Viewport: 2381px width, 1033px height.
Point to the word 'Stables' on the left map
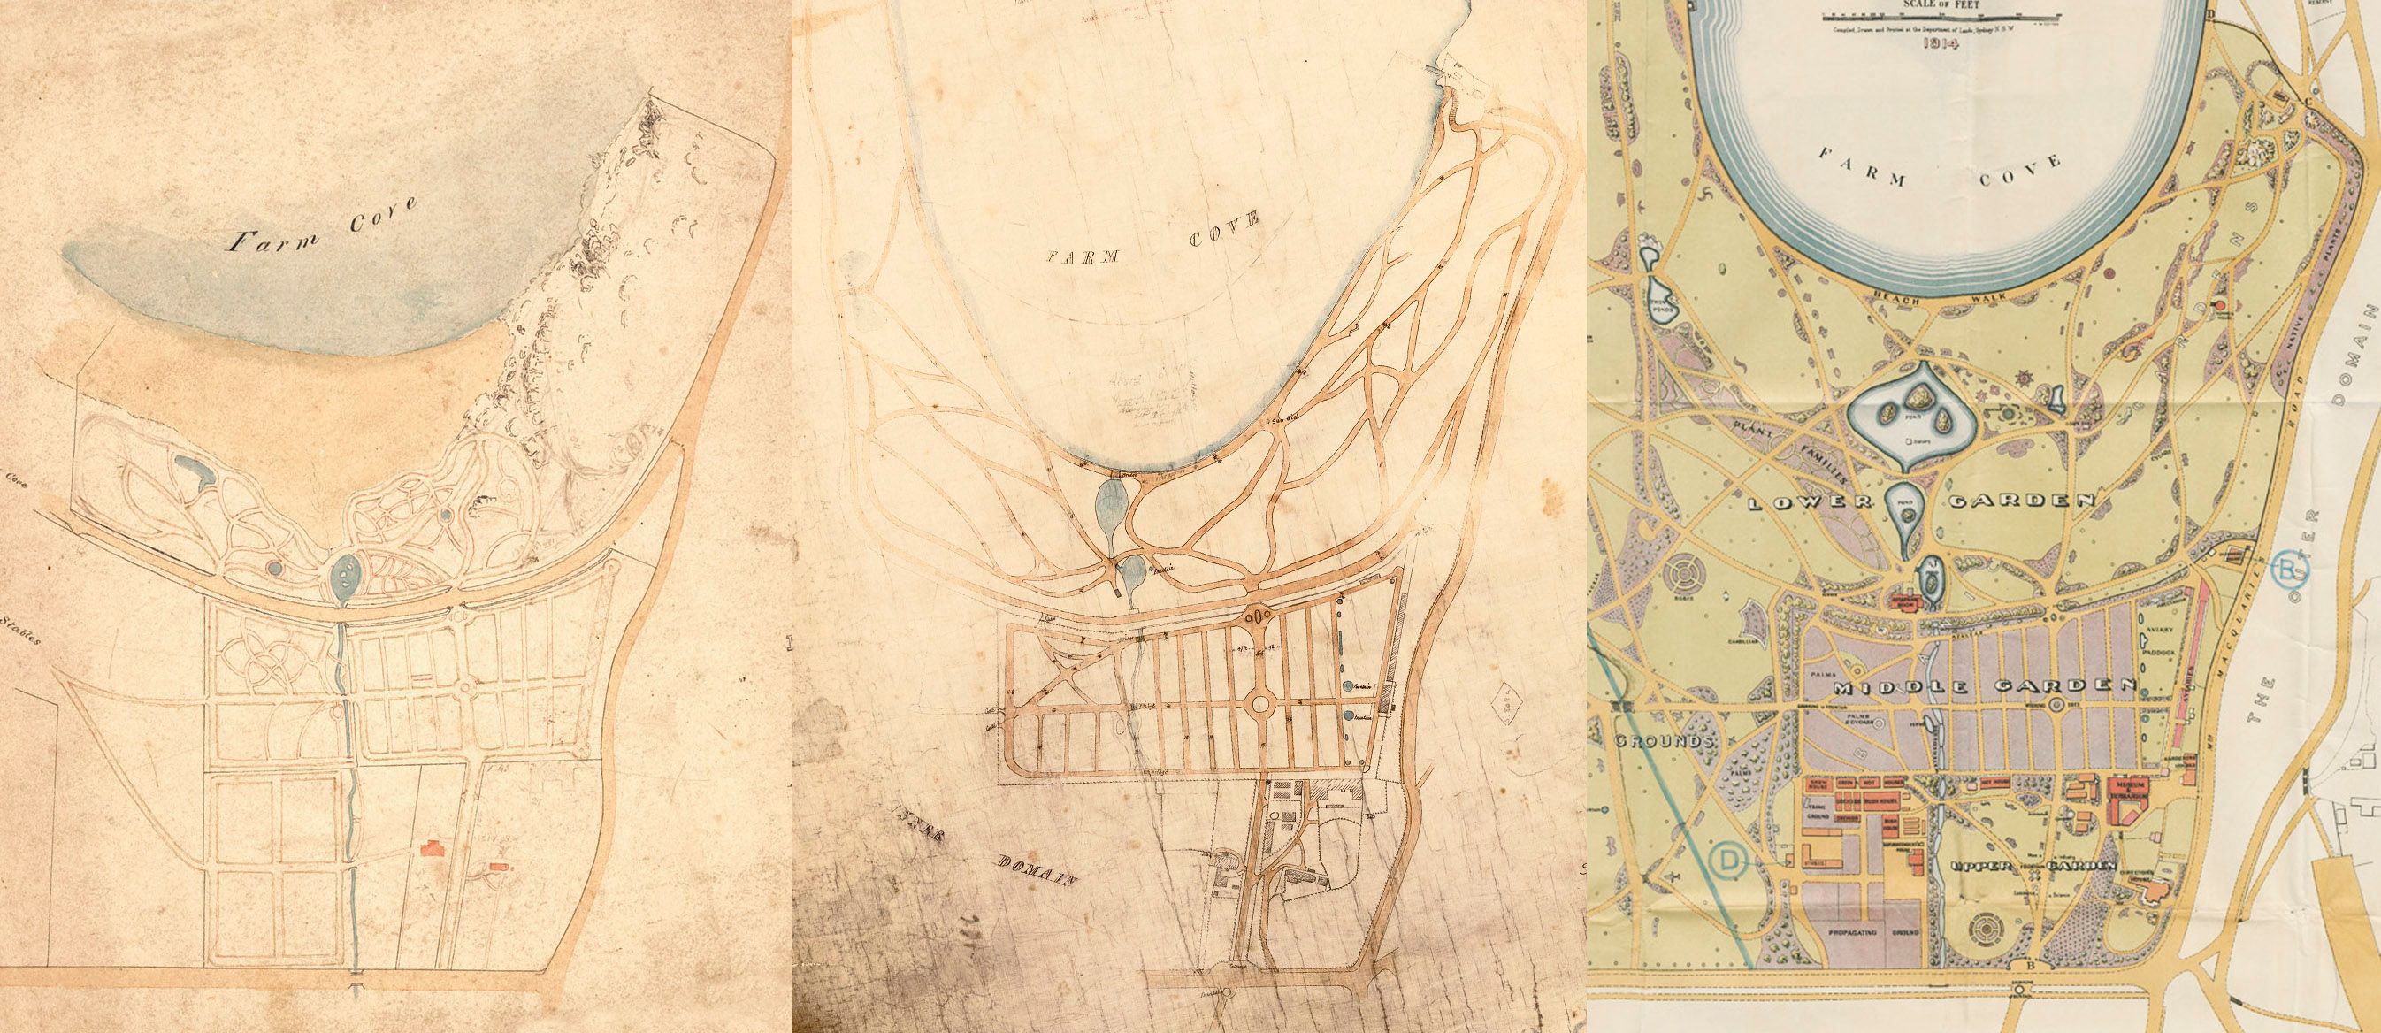coord(19,629)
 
